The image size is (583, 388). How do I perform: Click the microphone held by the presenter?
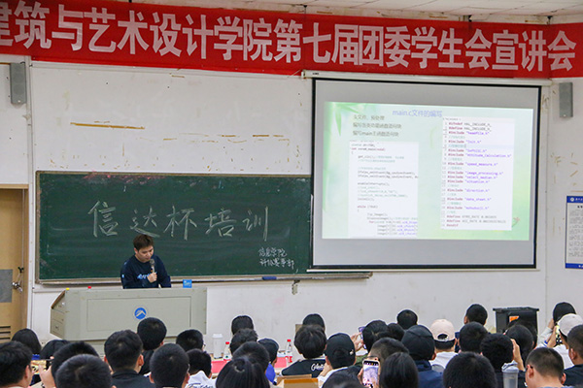tap(152, 265)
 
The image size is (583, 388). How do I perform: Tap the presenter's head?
tap(143, 243)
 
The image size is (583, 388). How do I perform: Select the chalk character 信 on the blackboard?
tap(104, 218)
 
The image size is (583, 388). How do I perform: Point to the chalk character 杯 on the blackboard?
tap(179, 221)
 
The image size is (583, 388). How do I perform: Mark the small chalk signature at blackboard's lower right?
tap(276, 257)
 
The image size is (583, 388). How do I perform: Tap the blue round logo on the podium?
tap(140, 313)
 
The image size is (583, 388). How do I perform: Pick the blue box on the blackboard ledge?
tap(187, 283)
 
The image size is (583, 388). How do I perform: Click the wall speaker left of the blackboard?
tap(18, 83)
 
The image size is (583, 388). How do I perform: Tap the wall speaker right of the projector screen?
tap(566, 99)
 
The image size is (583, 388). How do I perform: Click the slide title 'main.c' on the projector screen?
tap(417, 113)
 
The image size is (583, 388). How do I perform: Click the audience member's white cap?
tap(443, 330)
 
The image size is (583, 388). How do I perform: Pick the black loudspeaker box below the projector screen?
tap(515, 319)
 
